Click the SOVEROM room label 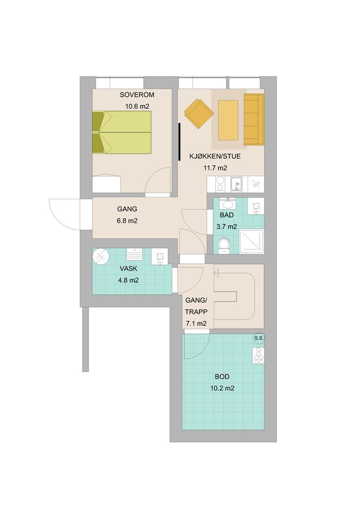[x=137, y=95]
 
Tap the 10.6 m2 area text [x=137, y=106]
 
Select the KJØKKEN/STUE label [x=215, y=156]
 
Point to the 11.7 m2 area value [x=215, y=168]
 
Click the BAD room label [x=227, y=215]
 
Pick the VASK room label [x=128, y=268]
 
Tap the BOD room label [x=222, y=377]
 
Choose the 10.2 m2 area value [x=222, y=388]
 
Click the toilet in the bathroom [x=224, y=246]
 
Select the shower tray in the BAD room [x=252, y=242]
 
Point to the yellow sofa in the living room [x=254, y=119]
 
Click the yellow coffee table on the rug [x=228, y=120]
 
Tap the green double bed [x=122, y=132]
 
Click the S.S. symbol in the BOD [x=259, y=339]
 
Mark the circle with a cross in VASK [x=100, y=256]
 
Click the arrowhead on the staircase [x=216, y=274]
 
